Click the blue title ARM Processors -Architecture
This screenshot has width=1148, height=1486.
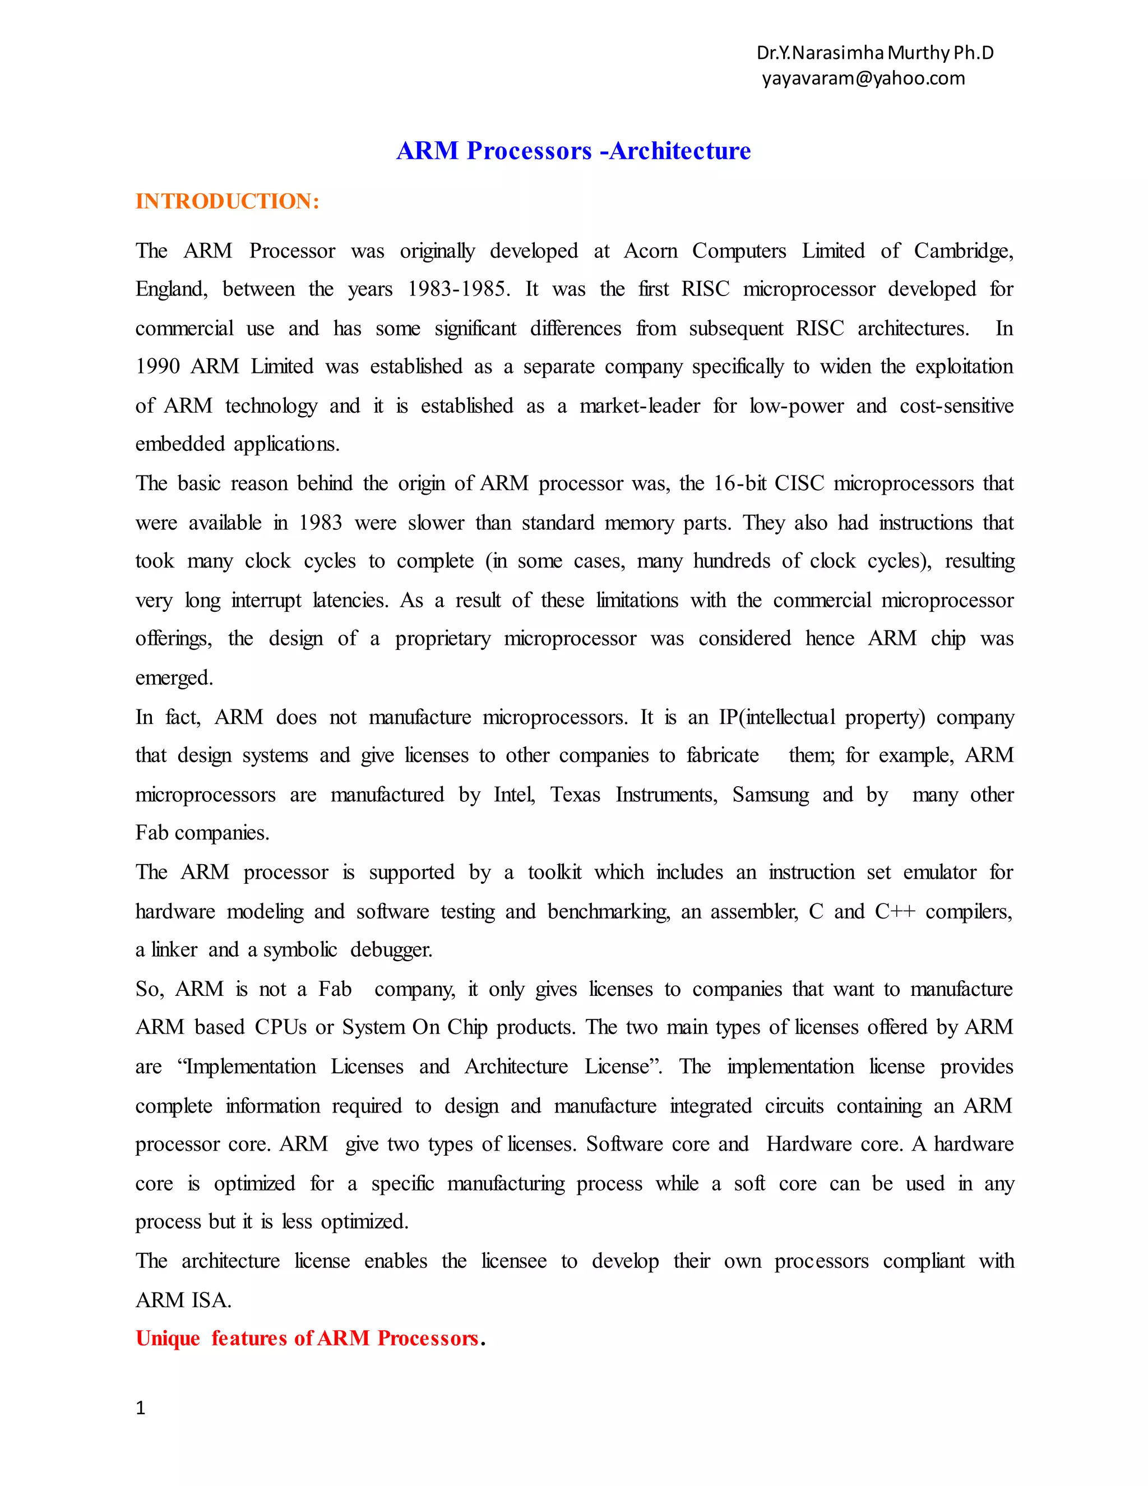pos(573,150)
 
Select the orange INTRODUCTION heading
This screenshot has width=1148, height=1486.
pos(227,201)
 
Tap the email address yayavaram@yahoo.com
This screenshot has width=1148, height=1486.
pos(863,79)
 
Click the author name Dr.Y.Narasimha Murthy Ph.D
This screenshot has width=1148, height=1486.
pos(874,52)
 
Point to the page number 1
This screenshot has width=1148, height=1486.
pos(141,1407)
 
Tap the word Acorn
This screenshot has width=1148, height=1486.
pos(650,251)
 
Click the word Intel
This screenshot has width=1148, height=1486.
pos(513,795)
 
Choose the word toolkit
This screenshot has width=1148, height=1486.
pos(554,873)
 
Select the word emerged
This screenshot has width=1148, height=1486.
pos(174,679)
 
